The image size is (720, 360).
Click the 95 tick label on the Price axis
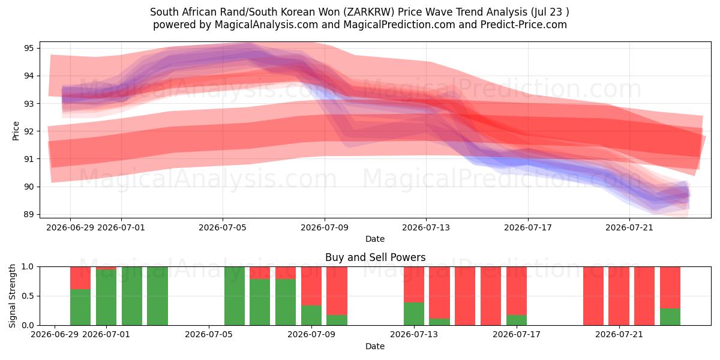coord(28,49)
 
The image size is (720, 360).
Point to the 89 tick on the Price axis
coord(28,214)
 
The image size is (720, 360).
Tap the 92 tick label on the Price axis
coord(28,131)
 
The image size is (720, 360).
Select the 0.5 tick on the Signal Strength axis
coord(27,296)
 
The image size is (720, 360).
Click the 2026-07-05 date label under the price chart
coord(223,228)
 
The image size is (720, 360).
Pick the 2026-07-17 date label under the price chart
coord(528,228)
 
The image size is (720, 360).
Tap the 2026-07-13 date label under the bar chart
coord(414,335)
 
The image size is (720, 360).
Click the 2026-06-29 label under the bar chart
coord(55,335)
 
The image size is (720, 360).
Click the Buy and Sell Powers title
coord(375,257)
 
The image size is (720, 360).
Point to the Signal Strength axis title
coord(12,296)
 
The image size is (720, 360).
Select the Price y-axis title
coord(16,131)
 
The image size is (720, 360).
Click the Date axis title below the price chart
coord(375,239)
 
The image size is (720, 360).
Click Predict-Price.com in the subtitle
coord(524,25)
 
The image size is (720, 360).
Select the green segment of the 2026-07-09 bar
coord(311,316)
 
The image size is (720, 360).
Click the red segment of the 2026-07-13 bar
coord(414,284)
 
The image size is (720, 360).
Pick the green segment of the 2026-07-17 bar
coord(517,320)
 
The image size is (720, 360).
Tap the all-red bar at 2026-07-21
coord(619,296)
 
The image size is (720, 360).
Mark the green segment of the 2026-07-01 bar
coord(106,298)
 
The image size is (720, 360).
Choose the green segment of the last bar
coord(670,317)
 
